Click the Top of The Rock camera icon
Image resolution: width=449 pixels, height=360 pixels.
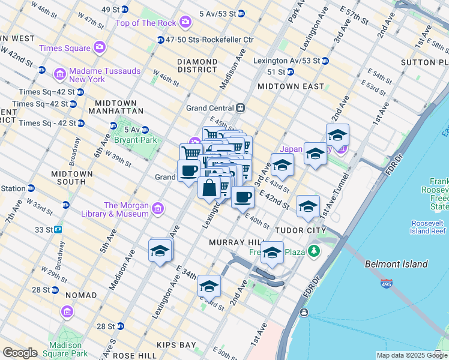click(x=185, y=23)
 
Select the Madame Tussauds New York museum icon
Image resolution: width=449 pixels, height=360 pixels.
click(x=59, y=74)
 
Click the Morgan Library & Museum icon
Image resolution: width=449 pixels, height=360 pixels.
click(x=157, y=209)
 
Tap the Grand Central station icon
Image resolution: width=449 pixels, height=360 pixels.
click(x=240, y=108)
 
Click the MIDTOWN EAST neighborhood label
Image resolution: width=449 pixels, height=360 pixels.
click(x=291, y=86)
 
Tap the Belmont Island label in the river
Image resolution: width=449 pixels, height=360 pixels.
click(x=396, y=264)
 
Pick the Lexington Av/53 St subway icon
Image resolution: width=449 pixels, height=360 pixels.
click(x=325, y=61)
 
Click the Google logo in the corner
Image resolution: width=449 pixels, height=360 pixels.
click(x=20, y=353)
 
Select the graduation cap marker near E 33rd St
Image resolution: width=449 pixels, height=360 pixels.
click(x=209, y=286)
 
